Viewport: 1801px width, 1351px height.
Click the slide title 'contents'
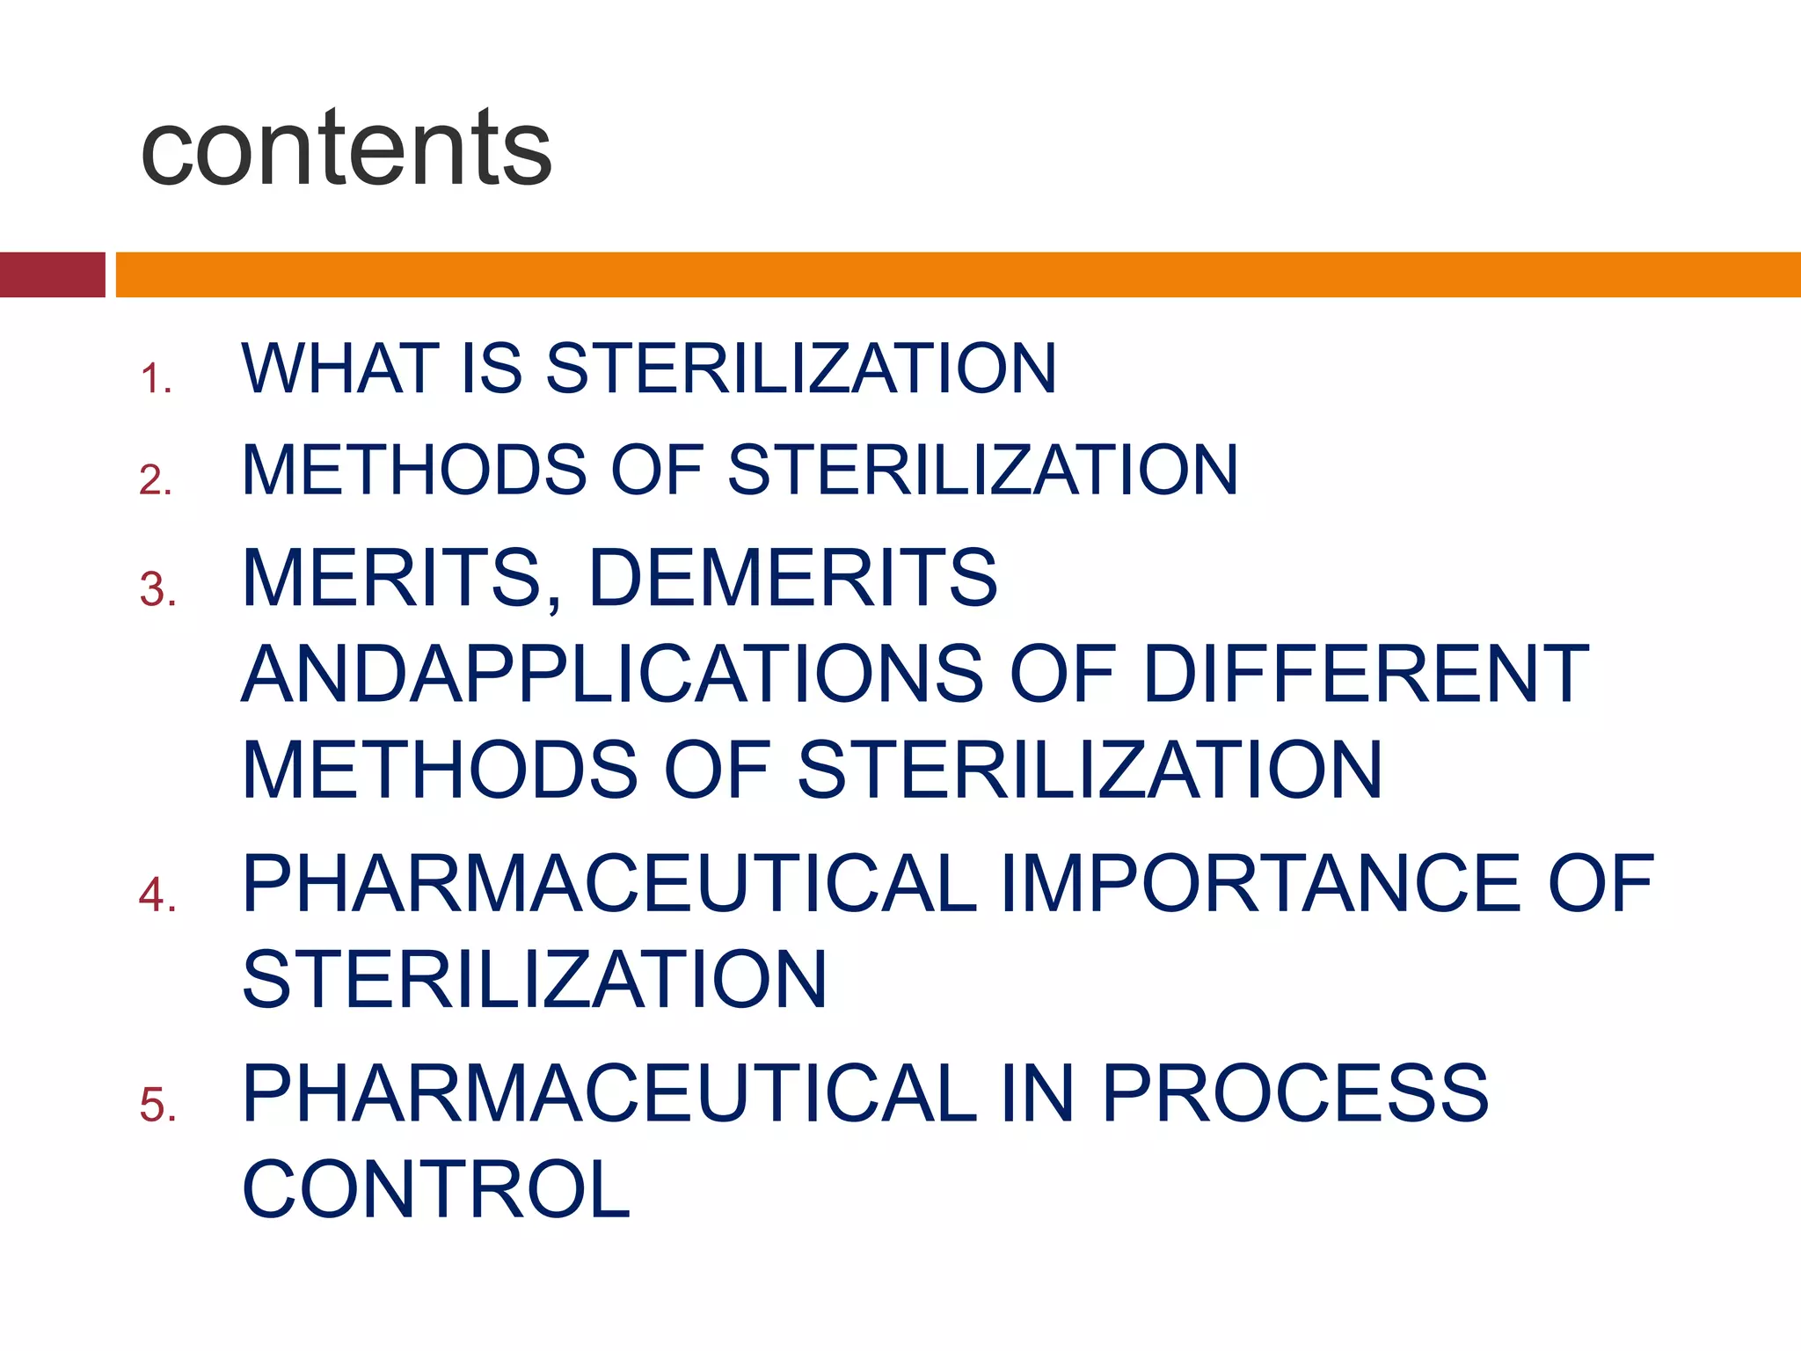(x=346, y=148)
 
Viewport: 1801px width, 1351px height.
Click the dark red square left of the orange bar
(x=52, y=274)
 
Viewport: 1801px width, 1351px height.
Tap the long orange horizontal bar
(x=957, y=274)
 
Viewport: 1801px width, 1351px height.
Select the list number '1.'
(x=156, y=379)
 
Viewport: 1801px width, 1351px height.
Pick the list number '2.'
(x=156, y=480)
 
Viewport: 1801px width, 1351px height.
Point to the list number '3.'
(x=158, y=589)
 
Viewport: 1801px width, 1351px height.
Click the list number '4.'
(x=158, y=895)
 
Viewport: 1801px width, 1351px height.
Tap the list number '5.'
(x=158, y=1105)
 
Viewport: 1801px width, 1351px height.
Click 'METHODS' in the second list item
(x=414, y=470)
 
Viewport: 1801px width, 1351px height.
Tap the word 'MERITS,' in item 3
(x=401, y=579)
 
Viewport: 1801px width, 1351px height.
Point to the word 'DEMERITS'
(x=792, y=579)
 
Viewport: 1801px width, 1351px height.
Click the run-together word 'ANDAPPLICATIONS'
(x=612, y=675)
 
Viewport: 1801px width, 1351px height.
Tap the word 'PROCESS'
(x=1294, y=1094)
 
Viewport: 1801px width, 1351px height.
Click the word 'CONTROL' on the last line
(x=436, y=1190)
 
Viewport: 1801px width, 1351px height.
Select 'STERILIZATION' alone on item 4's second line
(x=535, y=980)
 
